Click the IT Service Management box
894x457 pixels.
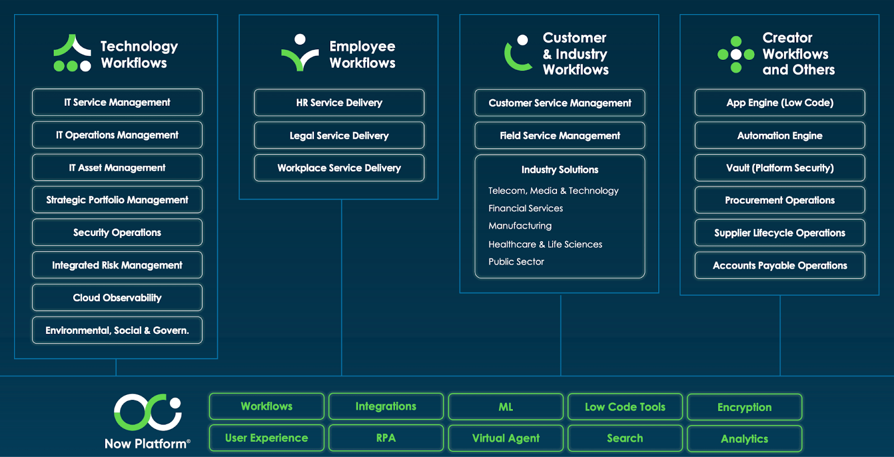[x=117, y=102]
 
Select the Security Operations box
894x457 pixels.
[x=117, y=233]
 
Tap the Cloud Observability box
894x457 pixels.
[x=117, y=298]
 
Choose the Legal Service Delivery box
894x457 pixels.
[x=339, y=135]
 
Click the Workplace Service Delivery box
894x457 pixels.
[x=339, y=168]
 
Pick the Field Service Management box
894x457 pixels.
[x=560, y=135]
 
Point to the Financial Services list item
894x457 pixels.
[x=526, y=208]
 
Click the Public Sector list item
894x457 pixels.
[x=516, y=262]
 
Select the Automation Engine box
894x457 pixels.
[x=780, y=135]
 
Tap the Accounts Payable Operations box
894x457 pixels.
[x=780, y=266]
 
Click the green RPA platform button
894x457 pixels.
[x=386, y=438]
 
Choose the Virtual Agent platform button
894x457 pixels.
[x=506, y=439]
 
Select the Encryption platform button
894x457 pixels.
[x=744, y=407]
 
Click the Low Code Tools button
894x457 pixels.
[x=625, y=407]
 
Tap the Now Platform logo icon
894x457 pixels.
[x=148, y=412]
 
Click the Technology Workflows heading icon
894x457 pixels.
[x=72, y=53]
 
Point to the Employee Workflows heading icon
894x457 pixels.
[x=300, y=53]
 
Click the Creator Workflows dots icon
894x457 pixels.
[x=736, y=54]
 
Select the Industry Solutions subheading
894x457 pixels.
[x=560, y=169]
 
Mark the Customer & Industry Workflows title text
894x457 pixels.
[x=576, y=54]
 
